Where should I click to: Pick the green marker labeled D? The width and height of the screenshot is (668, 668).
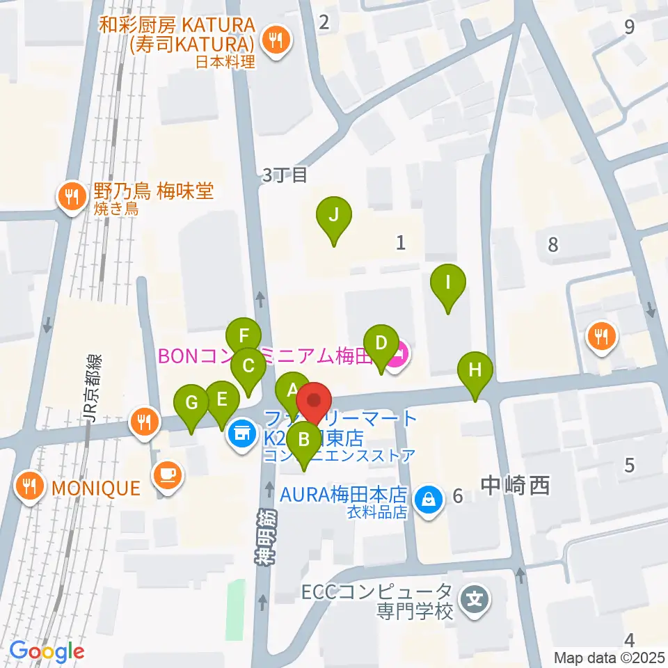(381, 344)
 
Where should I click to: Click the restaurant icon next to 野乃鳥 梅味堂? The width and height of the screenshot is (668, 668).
(71, 197)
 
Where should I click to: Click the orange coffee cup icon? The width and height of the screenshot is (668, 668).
(168, 475)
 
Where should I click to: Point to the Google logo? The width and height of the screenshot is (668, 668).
(47, 651)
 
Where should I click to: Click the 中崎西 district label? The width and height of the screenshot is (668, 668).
(515, 485)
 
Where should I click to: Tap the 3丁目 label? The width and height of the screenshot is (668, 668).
(285, 175)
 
